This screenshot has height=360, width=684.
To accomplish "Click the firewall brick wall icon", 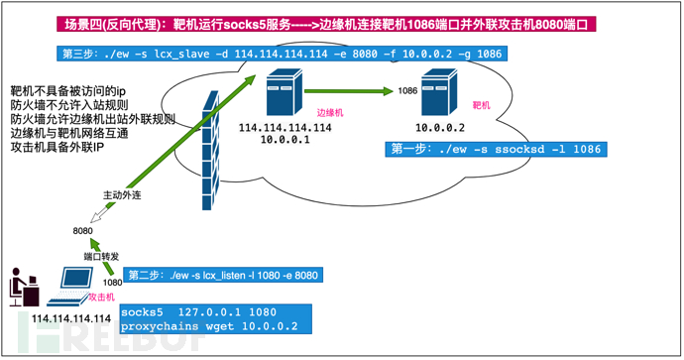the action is [x=211, y=151].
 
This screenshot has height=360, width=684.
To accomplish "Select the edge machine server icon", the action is [x=285, y=92].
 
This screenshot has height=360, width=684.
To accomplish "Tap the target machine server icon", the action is [x=439, y=92].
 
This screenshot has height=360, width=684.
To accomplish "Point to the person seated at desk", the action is [x=24, y=287].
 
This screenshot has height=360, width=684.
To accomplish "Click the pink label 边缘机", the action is [x=330, y=113].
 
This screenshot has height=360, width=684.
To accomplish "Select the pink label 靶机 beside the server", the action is [x=482, y=105].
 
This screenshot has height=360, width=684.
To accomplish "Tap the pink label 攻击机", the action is [x=102, y=298].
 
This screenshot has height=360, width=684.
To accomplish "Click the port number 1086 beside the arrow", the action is [x=407, y=91].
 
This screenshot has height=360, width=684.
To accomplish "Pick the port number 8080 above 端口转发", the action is [x=83, y=231].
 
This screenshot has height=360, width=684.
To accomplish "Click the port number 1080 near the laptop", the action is [x=112, y=283].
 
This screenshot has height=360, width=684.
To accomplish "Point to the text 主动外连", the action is [x=122, y=195].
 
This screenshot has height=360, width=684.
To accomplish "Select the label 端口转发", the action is [x=102, y=257].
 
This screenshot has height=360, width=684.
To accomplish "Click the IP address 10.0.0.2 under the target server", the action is [x=440, y=128].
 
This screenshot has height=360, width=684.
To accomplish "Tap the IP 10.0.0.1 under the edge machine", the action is [x=285, y=140].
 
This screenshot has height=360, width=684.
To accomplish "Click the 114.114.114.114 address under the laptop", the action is [x=71, y=318].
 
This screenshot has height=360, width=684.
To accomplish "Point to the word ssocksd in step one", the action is [x=519, y=149].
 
